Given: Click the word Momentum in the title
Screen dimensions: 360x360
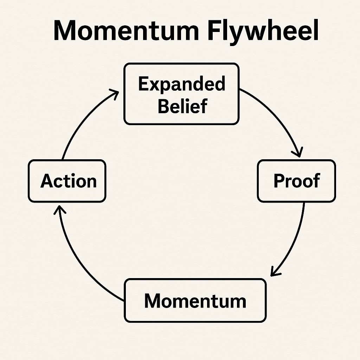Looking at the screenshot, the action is pos(126,31).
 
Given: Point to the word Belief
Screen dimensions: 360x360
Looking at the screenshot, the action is pos(182,106).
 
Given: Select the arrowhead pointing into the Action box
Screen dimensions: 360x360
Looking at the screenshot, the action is pos(59,208).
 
